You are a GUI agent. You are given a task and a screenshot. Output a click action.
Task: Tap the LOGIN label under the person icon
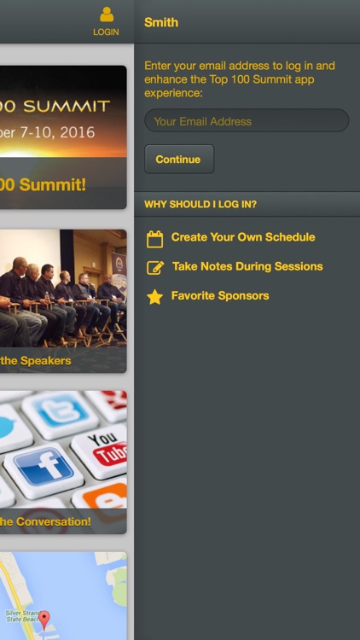[x=106, y=32]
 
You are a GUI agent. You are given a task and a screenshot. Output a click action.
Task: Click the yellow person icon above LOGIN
[x=106, y=15]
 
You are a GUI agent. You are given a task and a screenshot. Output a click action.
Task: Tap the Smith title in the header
[x=161, y=22]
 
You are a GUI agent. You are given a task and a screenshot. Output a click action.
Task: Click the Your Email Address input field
[x=247, y=121]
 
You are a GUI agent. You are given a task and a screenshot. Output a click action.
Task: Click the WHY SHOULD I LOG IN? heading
[x=200, y=204]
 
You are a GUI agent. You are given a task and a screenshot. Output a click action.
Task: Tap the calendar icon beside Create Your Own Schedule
[x=154, y=239]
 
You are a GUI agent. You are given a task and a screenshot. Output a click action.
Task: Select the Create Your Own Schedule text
[x=243, y=237]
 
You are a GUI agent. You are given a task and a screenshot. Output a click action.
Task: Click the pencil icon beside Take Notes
[x=154, y=268]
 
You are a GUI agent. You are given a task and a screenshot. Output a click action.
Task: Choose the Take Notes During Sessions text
[x=247, y=266]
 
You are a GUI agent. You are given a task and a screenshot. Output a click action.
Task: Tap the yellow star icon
[x=154, y=297]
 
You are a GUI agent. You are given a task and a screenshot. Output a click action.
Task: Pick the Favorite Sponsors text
[x=220, y=295]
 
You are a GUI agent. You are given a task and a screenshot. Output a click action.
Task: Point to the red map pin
[x=44, y=619]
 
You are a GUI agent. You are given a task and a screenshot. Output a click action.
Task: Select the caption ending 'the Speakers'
[x=36, y=360]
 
